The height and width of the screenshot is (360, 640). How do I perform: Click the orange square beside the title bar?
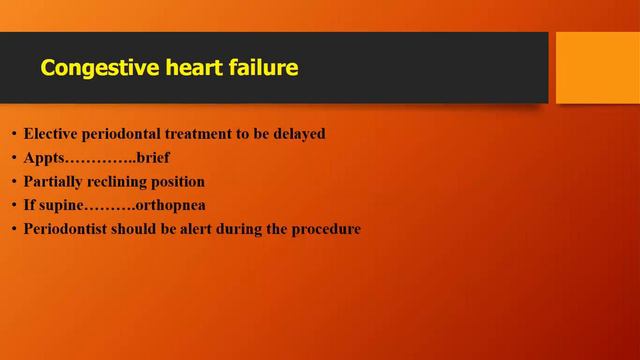(x=597, y=67)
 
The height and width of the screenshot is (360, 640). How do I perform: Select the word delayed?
(x=325, y=134)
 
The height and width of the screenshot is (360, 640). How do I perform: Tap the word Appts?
(x=45, y=158)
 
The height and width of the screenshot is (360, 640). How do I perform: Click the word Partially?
(x=56, y=182)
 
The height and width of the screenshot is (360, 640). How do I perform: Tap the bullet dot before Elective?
(x=13, y=135)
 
